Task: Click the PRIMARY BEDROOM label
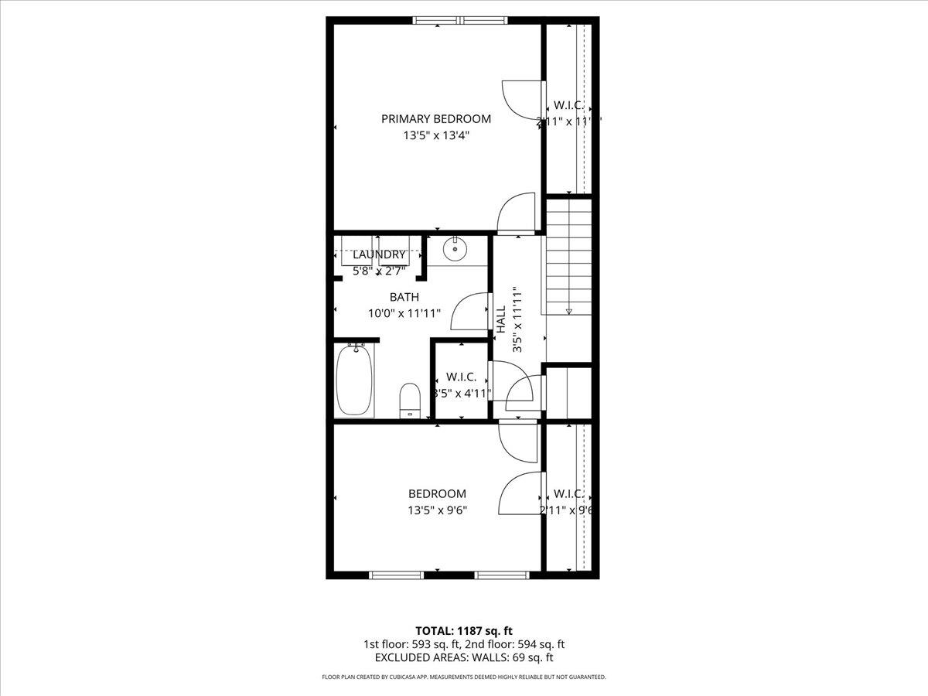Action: (x=436, y=118)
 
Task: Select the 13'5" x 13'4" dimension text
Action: (x=436, y=135)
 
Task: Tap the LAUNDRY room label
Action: (x=379, y=254)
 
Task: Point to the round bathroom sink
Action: (x=455, y=248)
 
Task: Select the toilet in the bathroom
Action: (x=409, y=399)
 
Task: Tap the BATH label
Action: (x=404, y=297)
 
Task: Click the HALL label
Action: (x=501, y=319)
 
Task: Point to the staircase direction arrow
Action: (x=568, y=311)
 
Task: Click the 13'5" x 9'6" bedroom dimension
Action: (x=437, y=510)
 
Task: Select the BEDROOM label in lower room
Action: (x=437, y=493)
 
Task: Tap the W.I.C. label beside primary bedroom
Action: (x=568, y=106)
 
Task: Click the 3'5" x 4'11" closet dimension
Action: (x=462, y=393)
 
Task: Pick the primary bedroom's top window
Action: (x=462, y=21)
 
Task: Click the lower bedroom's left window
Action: (x=397, y=575)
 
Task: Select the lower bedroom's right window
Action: (x=501, y=575)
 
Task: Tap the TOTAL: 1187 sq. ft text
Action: (x=464, y=631)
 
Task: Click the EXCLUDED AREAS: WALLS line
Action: (x=464, y=657)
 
